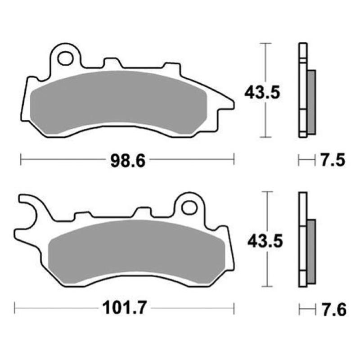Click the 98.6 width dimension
(x=128, y=160)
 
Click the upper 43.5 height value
(x=262, y=92)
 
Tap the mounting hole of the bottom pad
(x=190, y=207)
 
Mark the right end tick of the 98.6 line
(x=234, y=159)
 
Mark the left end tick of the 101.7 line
(x=15, y=309)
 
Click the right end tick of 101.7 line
(x=234, y=309)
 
